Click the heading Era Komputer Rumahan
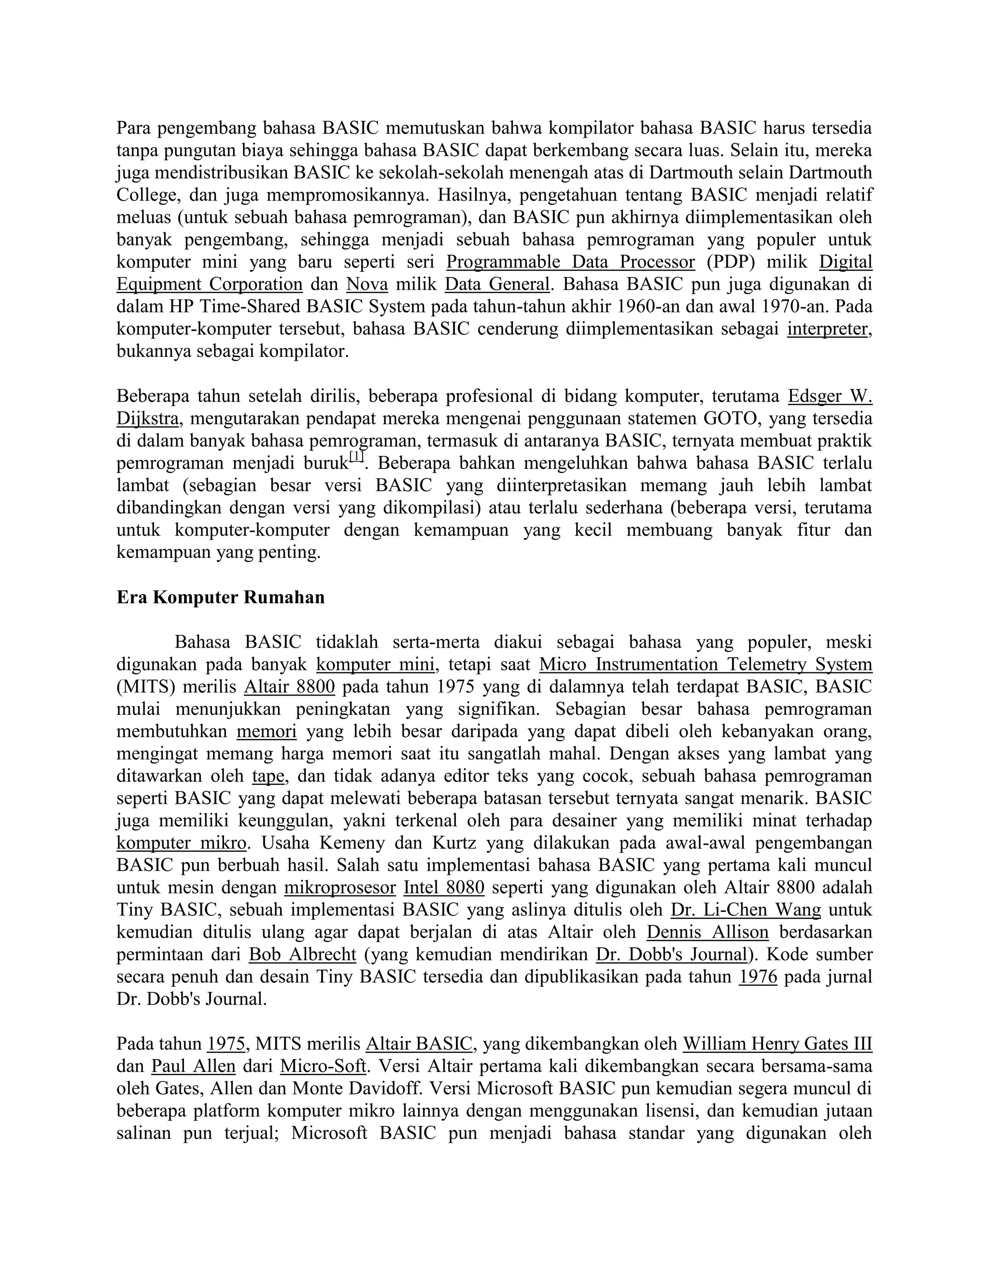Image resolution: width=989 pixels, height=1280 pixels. tap(220, 598)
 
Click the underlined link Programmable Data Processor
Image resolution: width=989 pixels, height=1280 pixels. tap(570, 262)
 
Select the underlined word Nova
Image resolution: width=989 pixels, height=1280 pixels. tap(367, 284)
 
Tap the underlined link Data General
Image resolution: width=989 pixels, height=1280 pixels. tap(497, 284)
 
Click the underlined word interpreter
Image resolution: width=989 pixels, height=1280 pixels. tap(827, 329)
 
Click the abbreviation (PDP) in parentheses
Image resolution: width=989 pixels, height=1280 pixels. tap(731, 262)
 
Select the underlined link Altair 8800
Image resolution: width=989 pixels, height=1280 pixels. tap(289, 687)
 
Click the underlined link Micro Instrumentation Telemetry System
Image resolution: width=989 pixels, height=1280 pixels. tap(706, 665)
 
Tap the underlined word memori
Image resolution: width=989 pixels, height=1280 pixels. tap(267, 731)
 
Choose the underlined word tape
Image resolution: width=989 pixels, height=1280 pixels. tap(268, 776)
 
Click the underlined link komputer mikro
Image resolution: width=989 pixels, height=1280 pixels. tap(182, 843)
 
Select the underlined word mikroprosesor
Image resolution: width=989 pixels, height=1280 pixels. tap(340, 887)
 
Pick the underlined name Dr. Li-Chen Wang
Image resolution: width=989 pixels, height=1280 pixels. tap(745, 910)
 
